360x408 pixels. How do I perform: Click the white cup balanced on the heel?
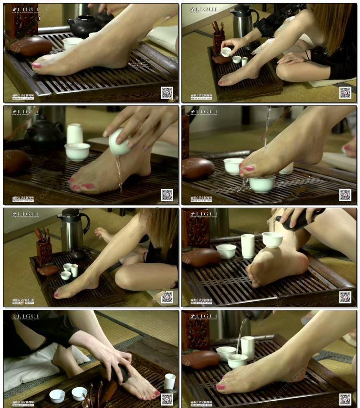(273, 239)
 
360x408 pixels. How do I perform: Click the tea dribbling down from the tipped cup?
(119, 171)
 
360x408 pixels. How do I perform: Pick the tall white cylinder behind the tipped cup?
(75, 133)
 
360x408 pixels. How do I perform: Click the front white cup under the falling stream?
(262, 184)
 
